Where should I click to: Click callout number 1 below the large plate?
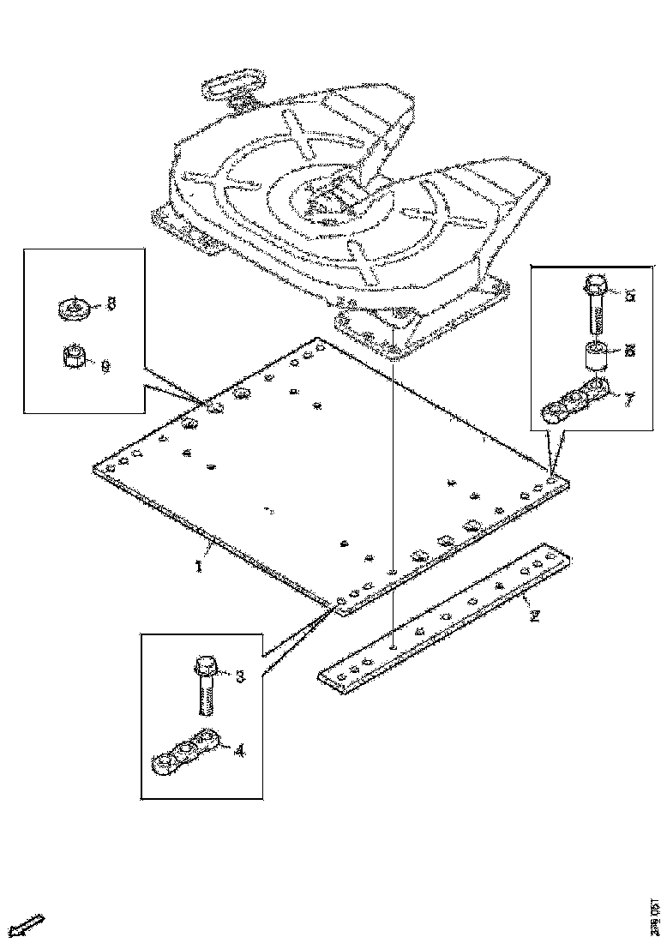pyautogui.click(x=199, y=568)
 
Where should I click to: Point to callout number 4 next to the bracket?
pyautogui.click(x=239, y=750)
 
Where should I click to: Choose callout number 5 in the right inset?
pyautogui.click(x=630, y=296)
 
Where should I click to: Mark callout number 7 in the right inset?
pyautogui.click(x=630, y=399)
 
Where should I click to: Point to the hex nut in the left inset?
pyautogui.click(x=75, y=355)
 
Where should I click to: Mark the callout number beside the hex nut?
pyautogui.click(x=105, y=366)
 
